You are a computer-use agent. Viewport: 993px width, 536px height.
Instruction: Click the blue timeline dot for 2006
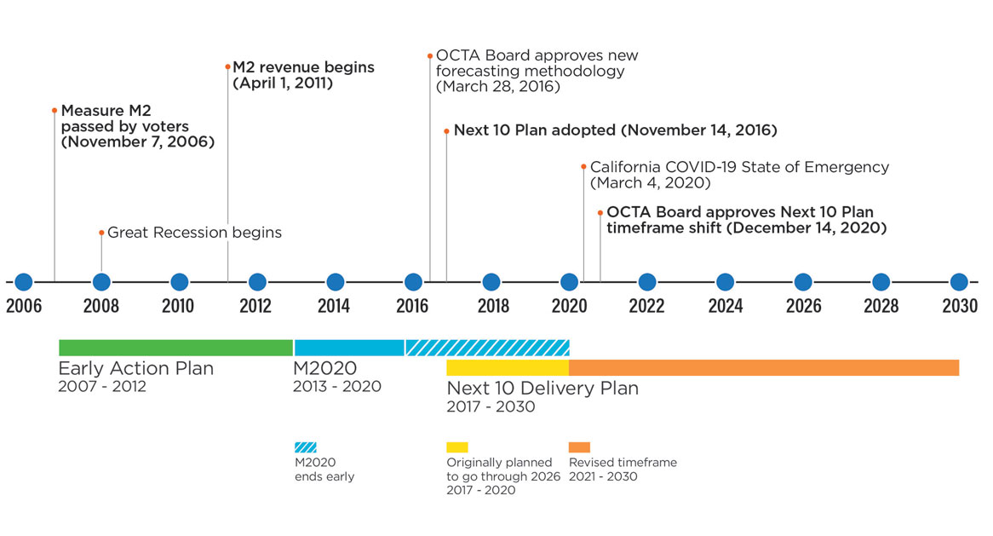24,282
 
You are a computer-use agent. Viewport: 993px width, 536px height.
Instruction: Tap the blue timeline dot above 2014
336,282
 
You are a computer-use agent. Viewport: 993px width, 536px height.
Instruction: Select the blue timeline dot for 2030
959,282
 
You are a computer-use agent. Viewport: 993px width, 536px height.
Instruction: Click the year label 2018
491,306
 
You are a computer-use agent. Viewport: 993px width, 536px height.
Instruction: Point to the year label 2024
726,306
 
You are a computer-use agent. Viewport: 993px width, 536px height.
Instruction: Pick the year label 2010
179,306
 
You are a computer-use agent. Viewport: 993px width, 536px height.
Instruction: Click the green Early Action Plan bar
175,348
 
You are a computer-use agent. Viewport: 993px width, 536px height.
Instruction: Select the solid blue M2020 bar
349,348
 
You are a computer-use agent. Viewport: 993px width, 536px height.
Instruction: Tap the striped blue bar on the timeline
487,348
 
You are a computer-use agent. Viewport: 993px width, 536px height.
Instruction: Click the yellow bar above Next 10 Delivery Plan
508,368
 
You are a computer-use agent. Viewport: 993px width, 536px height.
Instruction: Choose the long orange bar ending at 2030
764,368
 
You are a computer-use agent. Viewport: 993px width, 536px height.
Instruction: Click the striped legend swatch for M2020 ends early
305,447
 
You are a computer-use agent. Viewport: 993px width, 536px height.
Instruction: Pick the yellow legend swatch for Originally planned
457,447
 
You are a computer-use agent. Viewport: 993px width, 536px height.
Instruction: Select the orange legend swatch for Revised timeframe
580,447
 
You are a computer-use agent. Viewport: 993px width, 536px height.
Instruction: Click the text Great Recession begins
194,233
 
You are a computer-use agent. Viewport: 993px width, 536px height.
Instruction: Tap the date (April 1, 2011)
283,84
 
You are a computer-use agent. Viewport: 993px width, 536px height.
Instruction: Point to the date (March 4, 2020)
651,183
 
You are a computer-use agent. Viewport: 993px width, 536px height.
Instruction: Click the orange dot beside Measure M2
55,111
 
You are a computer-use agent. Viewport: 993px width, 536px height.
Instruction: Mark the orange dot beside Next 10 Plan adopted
446,131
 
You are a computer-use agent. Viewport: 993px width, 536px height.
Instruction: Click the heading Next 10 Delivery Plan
542,389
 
